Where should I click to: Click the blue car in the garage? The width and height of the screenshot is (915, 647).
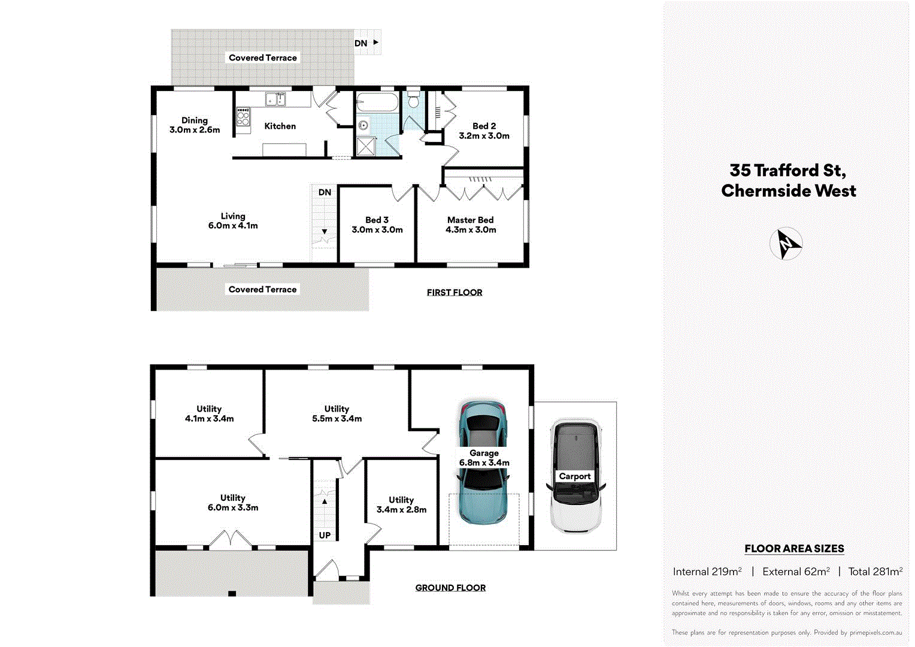tap(483, 463)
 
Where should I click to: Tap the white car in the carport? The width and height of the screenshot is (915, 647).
tap(575, 476)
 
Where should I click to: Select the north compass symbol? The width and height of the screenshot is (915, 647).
tap(786, 244)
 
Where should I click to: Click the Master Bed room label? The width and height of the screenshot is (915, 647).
tap(471, 220)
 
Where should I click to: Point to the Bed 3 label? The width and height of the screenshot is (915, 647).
tap(377, 220)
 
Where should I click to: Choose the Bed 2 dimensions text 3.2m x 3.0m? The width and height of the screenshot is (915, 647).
tap(484, 136)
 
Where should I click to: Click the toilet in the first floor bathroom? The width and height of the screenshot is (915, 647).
tap(413, 100)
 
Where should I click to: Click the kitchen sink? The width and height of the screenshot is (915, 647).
tap(275, 99)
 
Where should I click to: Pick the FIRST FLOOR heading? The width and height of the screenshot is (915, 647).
tap(455, 292)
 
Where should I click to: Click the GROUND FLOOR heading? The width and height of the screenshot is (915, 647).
tap(450, 588)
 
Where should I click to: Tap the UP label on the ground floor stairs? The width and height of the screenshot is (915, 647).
tap(325, 535)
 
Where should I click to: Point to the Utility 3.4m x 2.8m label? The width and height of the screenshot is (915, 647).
tap(401, 504)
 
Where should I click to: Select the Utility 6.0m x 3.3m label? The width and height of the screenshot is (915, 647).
tap(233, 503)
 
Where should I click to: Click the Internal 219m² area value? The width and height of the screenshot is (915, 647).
tap(707, 572)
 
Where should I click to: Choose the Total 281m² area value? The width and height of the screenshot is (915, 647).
tap(875, 572)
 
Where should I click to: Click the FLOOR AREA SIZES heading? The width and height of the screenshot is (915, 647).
tap(794, 548)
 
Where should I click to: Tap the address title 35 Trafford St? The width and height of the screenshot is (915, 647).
tap(788, 171)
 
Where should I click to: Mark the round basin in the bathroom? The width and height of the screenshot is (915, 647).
tap(363, 125)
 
